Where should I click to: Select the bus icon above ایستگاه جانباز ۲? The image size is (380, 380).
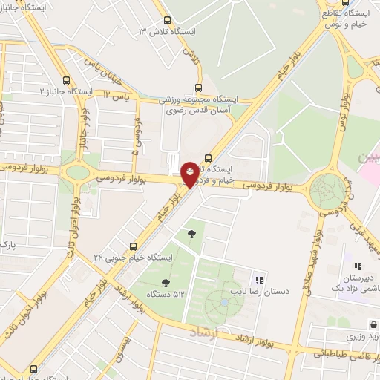[x=67, y=80]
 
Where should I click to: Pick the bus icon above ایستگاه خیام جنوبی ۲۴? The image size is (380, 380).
[x=134, y=246]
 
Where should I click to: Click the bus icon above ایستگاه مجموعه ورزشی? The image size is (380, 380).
[x=197, y=87]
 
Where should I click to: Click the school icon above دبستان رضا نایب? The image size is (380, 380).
[x=259, y=280]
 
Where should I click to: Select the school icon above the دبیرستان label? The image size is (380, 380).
[x=357, y=266]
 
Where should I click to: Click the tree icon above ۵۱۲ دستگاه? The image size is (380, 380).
[x=165, y=281]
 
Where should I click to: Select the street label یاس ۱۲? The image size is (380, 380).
[x=117, y=95]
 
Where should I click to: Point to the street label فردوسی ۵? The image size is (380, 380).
[x=136, y=138]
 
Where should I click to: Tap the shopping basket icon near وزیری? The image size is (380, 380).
[x=373, y=324]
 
